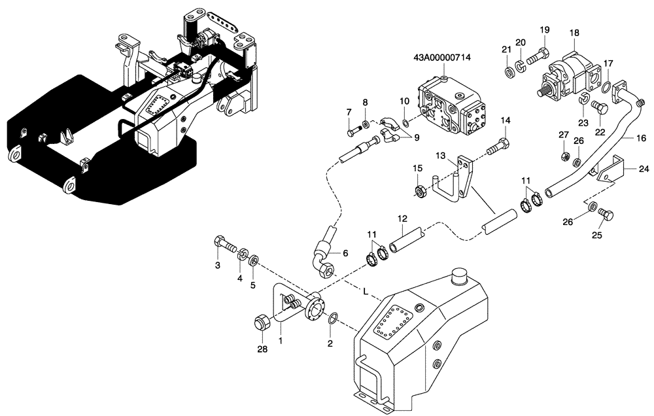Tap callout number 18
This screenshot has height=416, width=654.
[x=574, y=33]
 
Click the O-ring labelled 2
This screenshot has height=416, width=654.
[x=332, y=319]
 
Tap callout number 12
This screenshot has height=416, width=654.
[x=401, y=219]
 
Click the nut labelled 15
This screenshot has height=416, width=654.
[x=421, y=192]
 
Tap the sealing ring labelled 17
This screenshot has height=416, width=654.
[x=606, y=87]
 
